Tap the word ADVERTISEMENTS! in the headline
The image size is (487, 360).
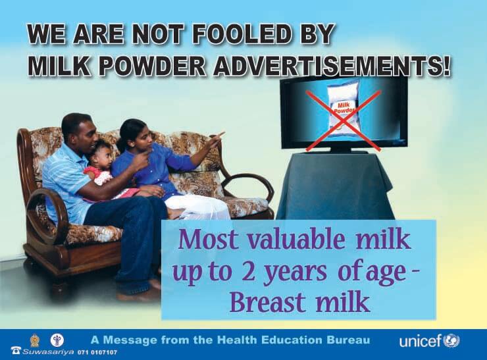(x=332, y=65)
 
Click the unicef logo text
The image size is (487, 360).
(x=421, y=342)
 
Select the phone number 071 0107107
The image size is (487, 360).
(x=97, y=353)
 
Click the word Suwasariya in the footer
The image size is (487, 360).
(x=48, y=352)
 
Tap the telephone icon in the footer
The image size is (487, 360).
(x=16, y=350)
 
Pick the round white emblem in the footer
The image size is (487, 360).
(x=57, y=340)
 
